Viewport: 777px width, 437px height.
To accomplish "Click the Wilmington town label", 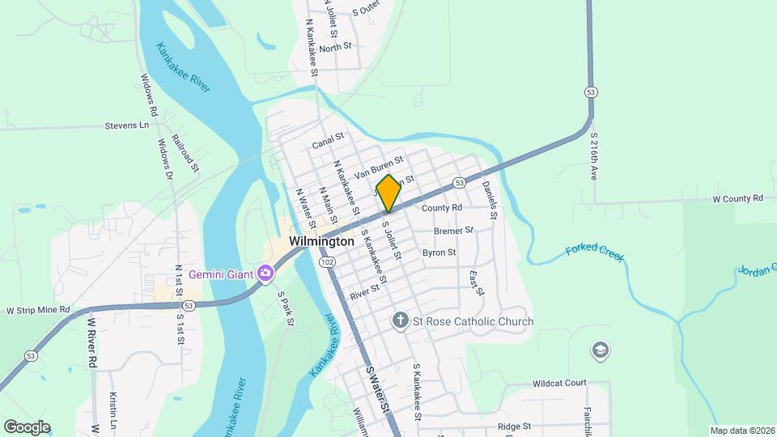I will pos(321,241).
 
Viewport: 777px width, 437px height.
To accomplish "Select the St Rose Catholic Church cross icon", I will pos(400,321).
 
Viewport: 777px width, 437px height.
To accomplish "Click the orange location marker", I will pos(388,193).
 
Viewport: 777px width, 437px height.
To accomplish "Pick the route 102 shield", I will pos(327,262).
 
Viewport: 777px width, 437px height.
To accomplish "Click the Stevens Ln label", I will pos(128,125).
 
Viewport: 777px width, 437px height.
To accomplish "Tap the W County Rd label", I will pos(737,198).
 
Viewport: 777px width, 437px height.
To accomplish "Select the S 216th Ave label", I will pos(594,156).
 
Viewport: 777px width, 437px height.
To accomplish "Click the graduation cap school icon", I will pos(601,350).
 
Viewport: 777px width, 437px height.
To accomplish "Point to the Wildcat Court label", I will pos(559,383).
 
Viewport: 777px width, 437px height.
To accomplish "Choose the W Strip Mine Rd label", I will pos(38,310).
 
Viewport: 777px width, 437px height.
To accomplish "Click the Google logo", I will pos(26,426).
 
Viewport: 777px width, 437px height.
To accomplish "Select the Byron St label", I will pos(439,252).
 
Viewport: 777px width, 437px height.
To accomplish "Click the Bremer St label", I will pos(453,231).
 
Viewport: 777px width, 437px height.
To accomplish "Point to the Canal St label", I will pos(328,145).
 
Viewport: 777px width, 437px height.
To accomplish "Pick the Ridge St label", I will pos(514,426).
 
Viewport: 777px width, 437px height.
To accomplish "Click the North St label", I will pos(335,48).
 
